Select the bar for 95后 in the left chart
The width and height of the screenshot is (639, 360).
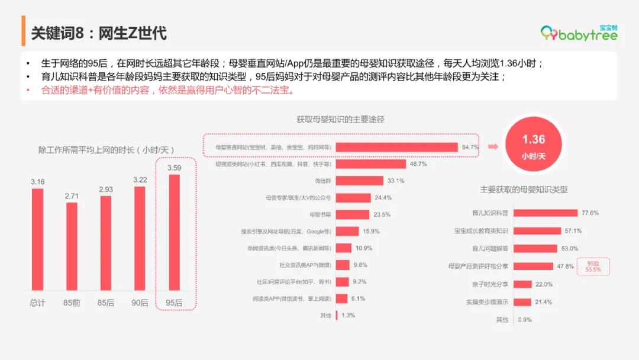coord(174,232)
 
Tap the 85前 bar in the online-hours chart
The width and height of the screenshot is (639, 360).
coord(72,246)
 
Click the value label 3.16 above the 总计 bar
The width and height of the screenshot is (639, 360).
coord(37,181)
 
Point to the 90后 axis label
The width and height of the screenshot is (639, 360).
coord(140,303)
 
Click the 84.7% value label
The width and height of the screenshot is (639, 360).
coord(470,147)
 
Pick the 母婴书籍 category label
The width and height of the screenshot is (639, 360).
coord(319,214)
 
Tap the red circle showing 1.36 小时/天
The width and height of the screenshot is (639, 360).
coord(533,146)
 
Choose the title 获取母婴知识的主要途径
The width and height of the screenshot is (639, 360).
coord(340,120)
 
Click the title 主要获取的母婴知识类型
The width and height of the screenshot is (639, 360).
coord(524,189)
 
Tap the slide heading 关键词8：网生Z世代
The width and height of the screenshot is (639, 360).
coord(98,33)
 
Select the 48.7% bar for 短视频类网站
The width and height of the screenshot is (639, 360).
coord(370,164)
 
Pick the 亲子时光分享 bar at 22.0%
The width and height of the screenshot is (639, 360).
coord(522,284)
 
